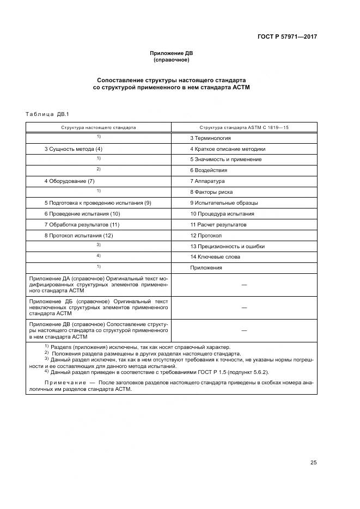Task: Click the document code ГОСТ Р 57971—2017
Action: pos(287,37)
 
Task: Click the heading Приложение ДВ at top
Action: pos(172,53)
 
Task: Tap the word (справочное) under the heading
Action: pos(172,60)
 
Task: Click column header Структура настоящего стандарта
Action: pos(99,127)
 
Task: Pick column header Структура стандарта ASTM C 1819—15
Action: pos(244,127)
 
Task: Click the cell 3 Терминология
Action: pos(210,138)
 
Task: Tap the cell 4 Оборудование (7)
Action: pos(70,181)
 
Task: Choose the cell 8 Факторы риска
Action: pos(211,192)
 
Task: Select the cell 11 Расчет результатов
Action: pos(218,224)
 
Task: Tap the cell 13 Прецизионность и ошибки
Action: pos(227,246)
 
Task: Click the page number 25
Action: pos(314,463)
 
